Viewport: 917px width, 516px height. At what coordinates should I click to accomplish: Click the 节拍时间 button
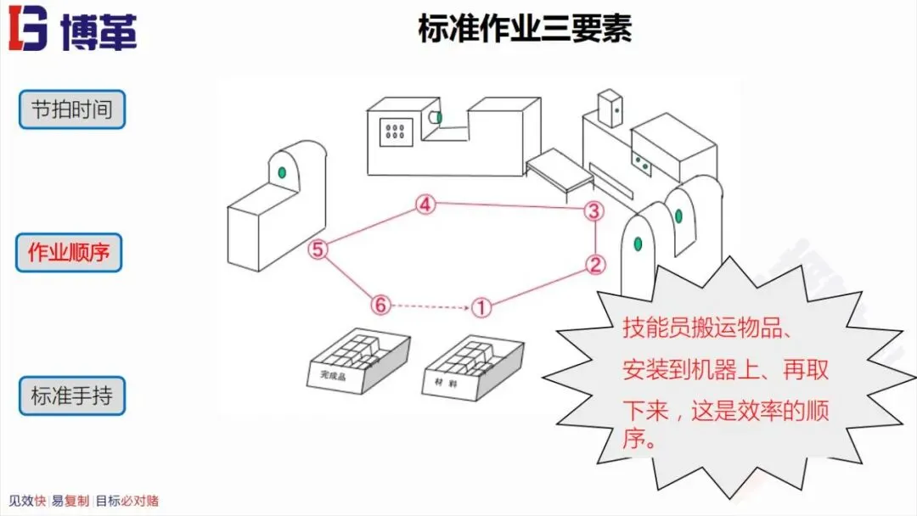[x=72, y=109]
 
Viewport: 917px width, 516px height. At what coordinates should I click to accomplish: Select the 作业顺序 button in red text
[x=69, y=252]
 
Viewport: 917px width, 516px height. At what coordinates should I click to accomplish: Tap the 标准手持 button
[x=72, y=395]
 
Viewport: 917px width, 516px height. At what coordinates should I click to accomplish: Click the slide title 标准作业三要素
[x=525, y=30]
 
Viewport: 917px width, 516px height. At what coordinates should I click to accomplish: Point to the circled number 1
[x=481, y=306]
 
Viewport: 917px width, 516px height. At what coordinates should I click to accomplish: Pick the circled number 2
[x=596, y=265]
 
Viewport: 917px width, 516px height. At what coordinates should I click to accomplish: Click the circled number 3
[x=594, y=211]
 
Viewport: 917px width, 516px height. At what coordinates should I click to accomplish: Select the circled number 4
[x=425, y=205]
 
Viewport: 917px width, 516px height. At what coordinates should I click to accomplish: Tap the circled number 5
[x=318, y=250]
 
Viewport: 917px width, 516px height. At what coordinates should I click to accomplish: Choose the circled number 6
[x=380, y=304]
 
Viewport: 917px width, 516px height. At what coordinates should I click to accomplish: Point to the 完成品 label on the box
[x=327, y=373]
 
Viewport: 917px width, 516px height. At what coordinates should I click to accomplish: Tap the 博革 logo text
[x=98, y=31]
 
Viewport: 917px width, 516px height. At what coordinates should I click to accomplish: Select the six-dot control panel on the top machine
[x=395, y=132]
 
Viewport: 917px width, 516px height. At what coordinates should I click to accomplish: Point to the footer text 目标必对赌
[x=127, y=501]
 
